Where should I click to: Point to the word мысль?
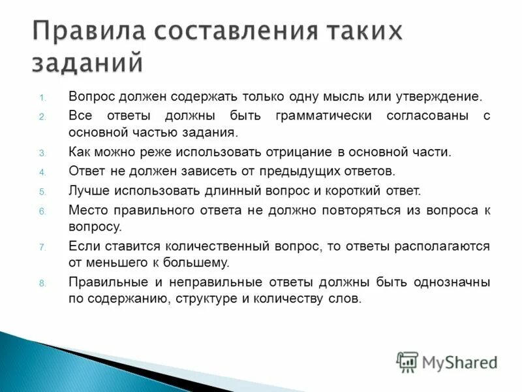point(345,97)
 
